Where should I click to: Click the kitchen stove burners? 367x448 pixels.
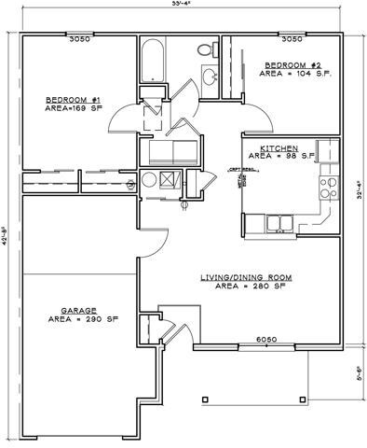tap(328, 187)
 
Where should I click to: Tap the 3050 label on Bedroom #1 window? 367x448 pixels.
tap(79, 40)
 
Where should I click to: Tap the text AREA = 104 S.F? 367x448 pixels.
tap(297, 72)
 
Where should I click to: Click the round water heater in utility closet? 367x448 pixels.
tap(148, 181)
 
